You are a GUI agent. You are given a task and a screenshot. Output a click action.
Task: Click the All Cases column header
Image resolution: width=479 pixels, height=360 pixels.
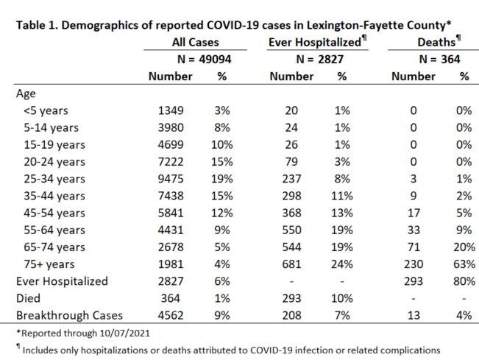[196, 42]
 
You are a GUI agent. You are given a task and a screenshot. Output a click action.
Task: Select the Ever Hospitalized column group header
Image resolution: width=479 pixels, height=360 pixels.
[317, 42]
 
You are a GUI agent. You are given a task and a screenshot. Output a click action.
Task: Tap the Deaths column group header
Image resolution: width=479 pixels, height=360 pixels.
[439, 42]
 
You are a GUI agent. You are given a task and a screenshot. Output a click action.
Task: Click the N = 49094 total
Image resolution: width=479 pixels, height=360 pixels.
[204, 59]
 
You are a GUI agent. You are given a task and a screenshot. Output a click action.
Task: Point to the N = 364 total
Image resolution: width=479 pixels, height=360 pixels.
[439, 59]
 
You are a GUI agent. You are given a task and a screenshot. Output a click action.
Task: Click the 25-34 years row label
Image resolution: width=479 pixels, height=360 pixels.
[54, 179]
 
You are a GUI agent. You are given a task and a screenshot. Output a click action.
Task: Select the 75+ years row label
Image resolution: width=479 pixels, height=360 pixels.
[49, 264]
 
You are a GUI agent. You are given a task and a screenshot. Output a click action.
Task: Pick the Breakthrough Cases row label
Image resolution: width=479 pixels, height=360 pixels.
[69, 315]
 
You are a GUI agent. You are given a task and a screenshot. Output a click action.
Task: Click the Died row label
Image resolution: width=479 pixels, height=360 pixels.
[28, 298]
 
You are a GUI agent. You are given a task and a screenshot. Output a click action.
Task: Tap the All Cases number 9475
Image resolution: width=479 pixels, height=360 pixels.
[171, 179]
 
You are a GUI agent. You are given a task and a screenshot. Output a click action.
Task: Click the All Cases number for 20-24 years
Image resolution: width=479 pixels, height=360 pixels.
[171, 162]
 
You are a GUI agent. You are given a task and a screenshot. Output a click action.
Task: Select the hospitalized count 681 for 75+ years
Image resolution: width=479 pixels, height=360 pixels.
[291, 264]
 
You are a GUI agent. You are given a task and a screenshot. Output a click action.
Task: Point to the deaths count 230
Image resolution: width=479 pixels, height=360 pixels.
[414, 264]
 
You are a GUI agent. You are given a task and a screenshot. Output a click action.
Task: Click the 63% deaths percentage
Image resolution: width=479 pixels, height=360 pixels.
[464, 264]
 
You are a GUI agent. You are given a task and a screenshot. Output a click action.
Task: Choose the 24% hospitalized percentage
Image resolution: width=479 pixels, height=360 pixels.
[342, 264]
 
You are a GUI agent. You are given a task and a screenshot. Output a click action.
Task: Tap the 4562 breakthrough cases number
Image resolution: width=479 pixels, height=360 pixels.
[171, 315]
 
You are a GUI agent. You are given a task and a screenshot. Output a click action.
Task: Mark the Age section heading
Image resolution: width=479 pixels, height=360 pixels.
[26, 93]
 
